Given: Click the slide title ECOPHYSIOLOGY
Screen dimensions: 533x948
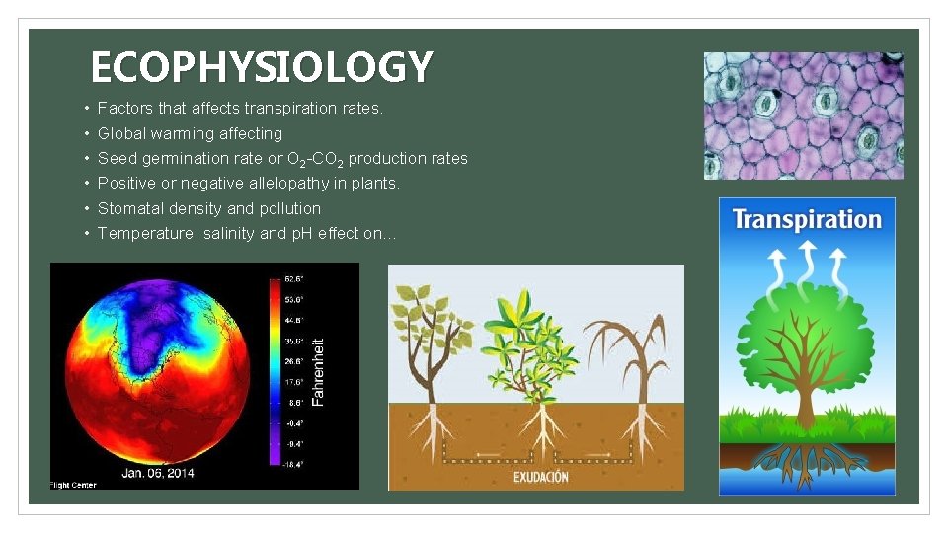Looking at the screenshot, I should pyautogui.click(x=261, y=67).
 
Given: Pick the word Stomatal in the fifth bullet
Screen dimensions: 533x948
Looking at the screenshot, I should pyautogui.click(x=130, y=208).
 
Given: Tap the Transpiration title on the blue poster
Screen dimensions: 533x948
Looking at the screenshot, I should pyautogui.click(x=807, y=219).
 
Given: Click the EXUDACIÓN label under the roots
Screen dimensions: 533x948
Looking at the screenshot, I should pyautogui.click(x=540, y=477).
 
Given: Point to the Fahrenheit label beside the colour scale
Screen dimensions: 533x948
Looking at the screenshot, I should pyautogui.click(x=317, y=371).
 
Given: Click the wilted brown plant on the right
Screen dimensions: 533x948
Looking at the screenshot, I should pyautogui.click(x=632, y=355).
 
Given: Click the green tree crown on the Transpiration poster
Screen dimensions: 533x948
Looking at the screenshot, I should pyautogui.click(x=807, y=341).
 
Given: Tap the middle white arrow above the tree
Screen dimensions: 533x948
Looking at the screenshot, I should pyautogui.click(x=807, y=260).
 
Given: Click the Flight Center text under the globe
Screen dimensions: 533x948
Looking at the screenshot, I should pyautogui.click(x=74, y=485).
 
